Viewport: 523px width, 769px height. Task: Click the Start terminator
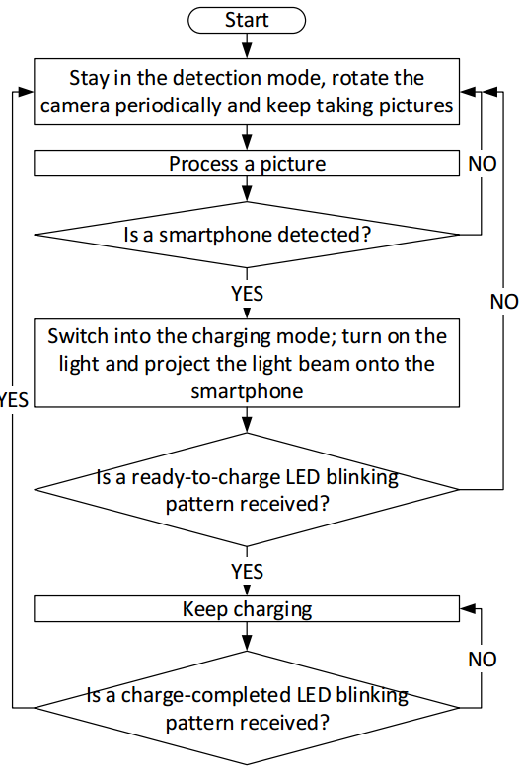(247, 20)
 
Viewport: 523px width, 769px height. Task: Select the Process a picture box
(247, 164)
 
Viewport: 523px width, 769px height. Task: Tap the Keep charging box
(247, 609)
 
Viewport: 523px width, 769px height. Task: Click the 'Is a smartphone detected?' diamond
(247, 235)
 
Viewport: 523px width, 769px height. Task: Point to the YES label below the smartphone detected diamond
(247, 293)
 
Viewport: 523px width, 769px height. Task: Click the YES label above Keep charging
(247, 572)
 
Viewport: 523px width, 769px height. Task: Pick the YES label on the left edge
(14, 400)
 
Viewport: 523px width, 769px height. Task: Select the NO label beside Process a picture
(483, 164)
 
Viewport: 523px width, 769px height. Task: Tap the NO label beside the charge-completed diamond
(483, 660)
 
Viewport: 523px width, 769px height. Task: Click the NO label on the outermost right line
(504, 301)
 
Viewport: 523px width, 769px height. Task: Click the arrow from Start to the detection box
(247, 46)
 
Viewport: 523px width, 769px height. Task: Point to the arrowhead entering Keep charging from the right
(468, 609)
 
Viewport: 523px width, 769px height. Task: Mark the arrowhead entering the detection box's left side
(26, 92)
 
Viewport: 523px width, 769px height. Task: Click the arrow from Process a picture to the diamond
(247, 189)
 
